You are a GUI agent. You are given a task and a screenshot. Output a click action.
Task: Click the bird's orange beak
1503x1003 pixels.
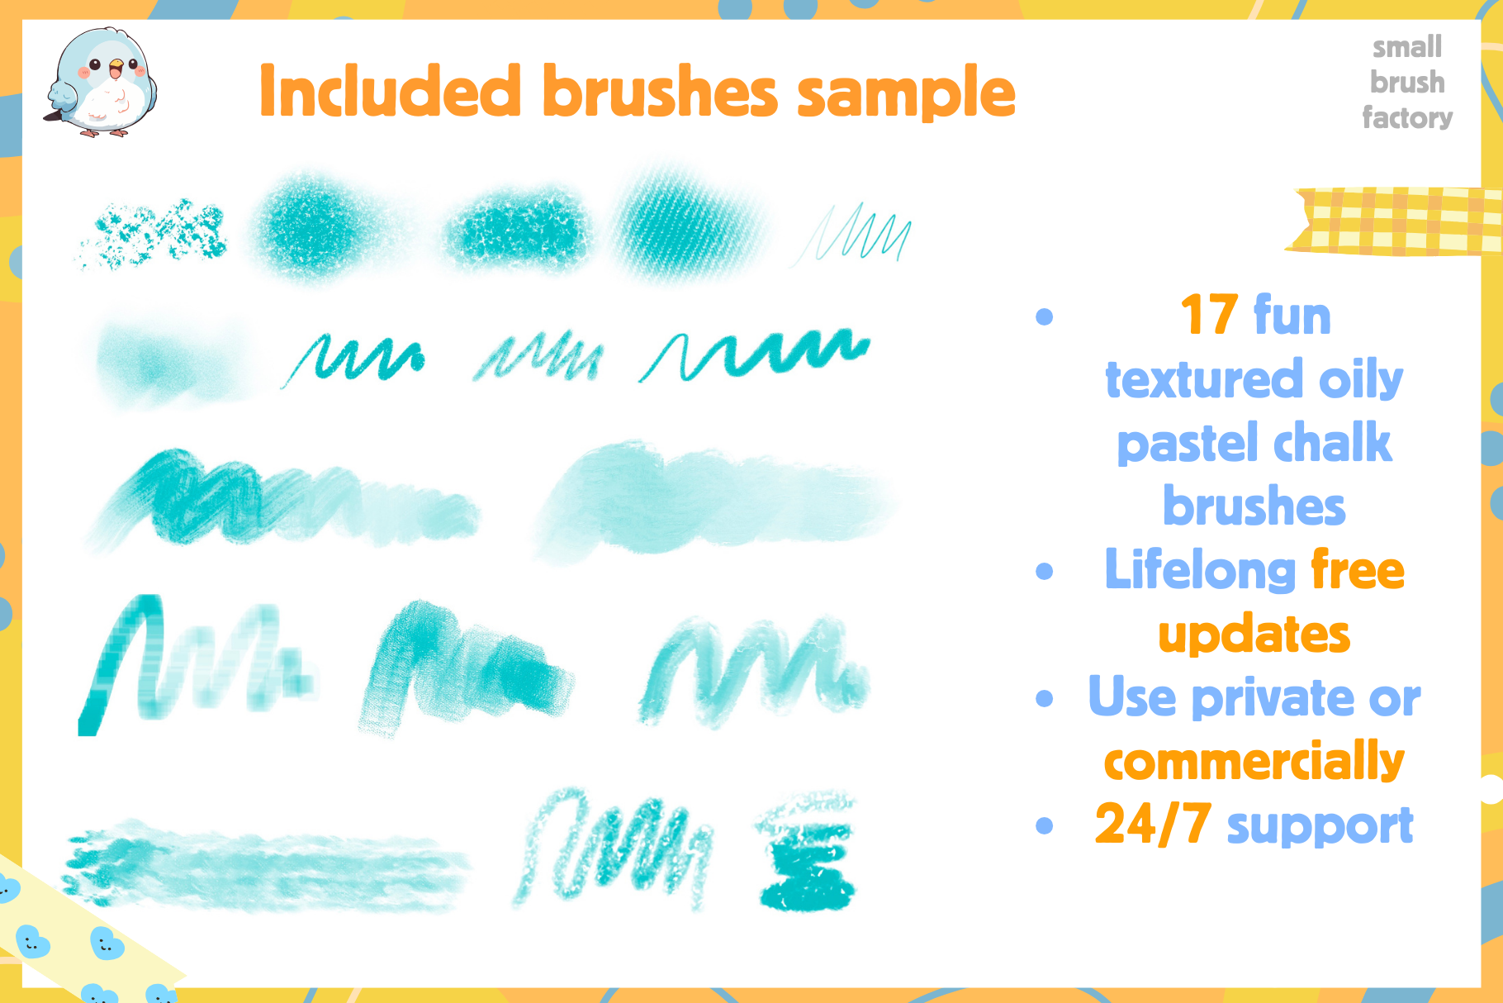tap(116, 65)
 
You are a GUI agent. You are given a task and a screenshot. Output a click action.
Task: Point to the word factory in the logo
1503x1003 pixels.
tap(1407, 117)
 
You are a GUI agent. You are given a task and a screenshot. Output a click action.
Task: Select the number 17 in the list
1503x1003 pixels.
tap(1209, 315)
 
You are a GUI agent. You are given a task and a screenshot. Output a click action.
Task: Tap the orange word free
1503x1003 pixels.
tap(1358, 570)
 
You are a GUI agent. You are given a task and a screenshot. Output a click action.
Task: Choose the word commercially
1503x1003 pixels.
tap(1254, 761)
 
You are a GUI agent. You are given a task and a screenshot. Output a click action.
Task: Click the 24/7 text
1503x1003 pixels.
tap(1153, 825)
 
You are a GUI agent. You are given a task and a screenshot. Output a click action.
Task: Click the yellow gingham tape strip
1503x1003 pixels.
tap(1396, 221)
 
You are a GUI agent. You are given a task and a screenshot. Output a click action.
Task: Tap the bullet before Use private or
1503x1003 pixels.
tap(1045, 698)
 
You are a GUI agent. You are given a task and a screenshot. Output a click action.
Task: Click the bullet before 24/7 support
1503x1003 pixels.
tap(1045, 825)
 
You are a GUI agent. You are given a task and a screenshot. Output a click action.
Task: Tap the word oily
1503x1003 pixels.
tap(1361, 380)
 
